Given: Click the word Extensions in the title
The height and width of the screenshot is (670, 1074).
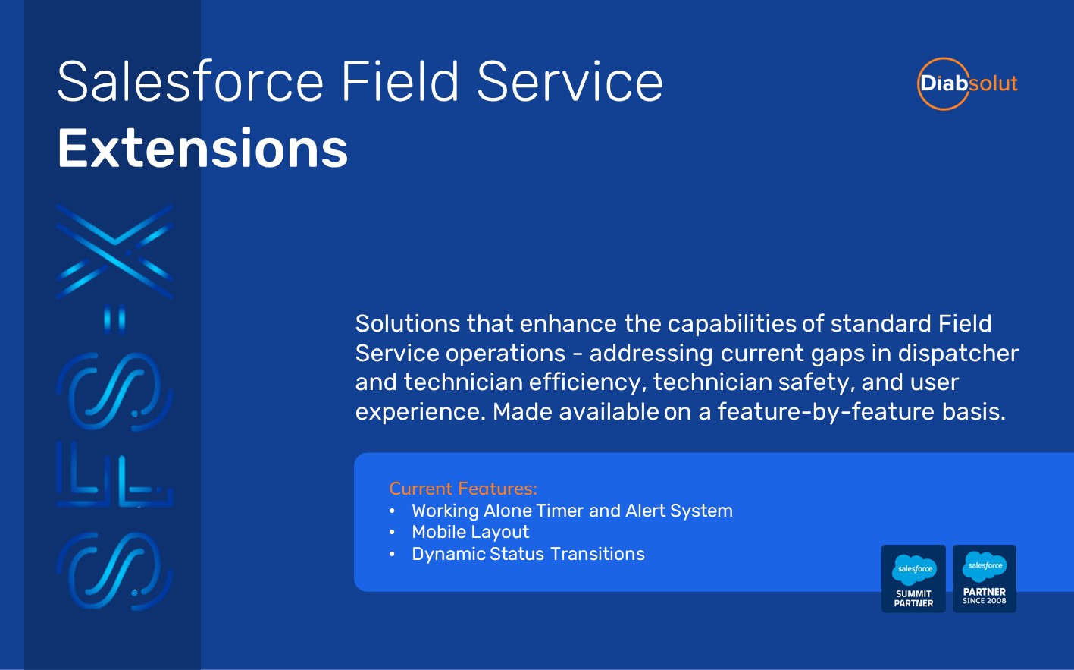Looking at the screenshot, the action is [202, 149].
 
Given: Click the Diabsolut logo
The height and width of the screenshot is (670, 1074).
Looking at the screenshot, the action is [967, 83].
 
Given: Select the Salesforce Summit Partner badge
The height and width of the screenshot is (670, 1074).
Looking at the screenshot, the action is [913, 578].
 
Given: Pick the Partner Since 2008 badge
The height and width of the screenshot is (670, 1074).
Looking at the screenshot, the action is [985, 578].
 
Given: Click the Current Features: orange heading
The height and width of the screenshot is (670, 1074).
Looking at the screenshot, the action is [463, 489].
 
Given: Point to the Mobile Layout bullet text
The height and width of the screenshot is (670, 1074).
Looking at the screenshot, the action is [471, 532].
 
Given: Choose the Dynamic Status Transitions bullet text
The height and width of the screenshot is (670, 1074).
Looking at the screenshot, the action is [528, 554].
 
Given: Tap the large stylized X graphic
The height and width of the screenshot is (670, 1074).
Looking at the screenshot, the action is [114, 252].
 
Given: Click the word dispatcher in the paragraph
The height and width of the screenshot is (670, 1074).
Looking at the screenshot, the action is [958, 354].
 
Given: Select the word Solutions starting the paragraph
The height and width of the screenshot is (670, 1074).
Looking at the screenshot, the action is [408, 323].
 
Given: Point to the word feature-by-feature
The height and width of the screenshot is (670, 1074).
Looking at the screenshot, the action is [825, 412].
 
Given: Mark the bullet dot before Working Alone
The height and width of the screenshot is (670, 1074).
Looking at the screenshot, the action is [392, 511].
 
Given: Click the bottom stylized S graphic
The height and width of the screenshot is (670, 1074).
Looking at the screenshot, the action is [114, 571].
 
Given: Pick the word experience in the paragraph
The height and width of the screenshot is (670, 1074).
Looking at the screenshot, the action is [421, 412].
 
